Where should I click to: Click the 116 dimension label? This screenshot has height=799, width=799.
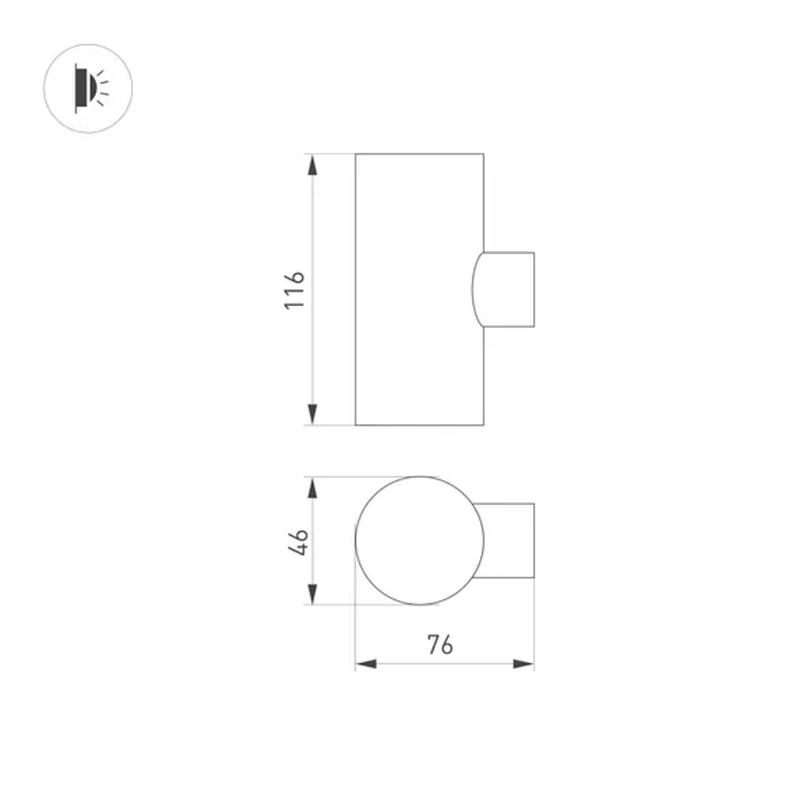(295, 290)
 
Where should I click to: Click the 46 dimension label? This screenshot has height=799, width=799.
(297, 542)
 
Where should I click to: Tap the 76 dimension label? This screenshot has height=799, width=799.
(439, 644)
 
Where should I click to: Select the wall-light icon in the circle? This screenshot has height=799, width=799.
(88, 88)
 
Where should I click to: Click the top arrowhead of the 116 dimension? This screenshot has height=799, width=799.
(312, 164)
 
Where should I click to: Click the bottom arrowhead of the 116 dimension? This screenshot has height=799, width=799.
(312, 415)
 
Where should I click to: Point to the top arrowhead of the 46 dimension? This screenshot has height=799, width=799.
(312, 487)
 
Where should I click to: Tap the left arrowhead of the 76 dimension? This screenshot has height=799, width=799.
(366, 663)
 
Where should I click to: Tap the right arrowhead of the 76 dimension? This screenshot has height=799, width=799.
(524, 663)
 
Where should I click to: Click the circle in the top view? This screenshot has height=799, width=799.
(419, 541)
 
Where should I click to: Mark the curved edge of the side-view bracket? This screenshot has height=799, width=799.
(472, 289)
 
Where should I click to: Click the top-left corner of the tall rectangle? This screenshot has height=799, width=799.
(356, 153)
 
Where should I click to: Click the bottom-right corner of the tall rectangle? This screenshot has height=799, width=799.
(483, 424)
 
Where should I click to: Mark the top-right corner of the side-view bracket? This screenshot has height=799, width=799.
(534, 252)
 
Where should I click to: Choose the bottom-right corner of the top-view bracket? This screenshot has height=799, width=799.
(534, 577)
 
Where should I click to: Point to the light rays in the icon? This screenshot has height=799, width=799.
(103, 88)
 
